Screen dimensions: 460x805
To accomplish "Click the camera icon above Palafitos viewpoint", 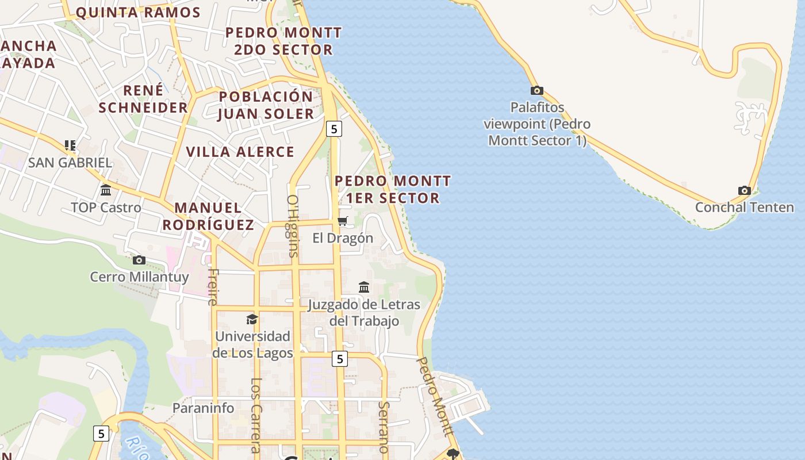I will click(536, 90).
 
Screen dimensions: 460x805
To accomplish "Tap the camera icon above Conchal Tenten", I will click(744, 190).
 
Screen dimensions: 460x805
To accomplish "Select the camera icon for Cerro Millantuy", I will click(139, 260).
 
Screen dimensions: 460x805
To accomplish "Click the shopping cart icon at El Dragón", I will click(343, 221).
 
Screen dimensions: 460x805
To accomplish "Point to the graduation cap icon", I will click(252, 319).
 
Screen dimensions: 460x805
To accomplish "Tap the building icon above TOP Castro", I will click(106, 190).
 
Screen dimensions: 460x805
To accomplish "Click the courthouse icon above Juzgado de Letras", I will click(364, 287).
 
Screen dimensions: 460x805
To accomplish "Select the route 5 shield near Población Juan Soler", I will click(333, 129).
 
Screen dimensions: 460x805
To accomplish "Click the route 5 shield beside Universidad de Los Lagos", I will click(340, 359).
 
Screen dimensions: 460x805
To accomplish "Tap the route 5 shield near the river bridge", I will click(101, 433).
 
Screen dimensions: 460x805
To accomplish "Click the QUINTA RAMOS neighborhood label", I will click(138, 13).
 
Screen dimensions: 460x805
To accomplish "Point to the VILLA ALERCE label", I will click(240, 152).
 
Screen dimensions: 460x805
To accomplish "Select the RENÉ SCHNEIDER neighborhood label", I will click(143, 99).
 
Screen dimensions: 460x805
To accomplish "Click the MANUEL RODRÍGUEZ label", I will click(208, 216).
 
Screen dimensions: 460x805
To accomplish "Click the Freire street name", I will click(213, 286).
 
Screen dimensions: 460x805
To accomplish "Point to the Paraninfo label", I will click(204, 408).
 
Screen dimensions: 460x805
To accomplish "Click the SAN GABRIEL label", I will click(70, 162).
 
